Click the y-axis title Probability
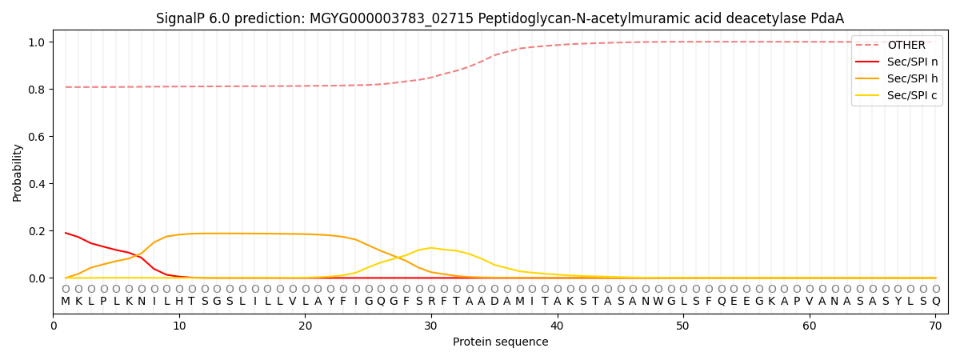tap(18, 172)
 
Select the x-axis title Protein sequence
tap(500, 342)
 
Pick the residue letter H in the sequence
tap(179, 302)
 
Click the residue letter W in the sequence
tap(658, 302)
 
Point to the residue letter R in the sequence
tap(431, 302)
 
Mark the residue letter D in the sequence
tap(494, 302)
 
